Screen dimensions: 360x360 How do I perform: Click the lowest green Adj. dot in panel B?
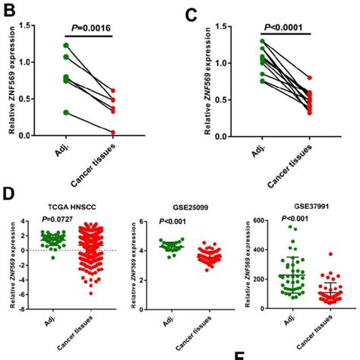[46, 112]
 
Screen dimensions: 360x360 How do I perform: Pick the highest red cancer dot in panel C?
[310, 77]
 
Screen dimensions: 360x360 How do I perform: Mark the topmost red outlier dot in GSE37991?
[310, 254]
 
